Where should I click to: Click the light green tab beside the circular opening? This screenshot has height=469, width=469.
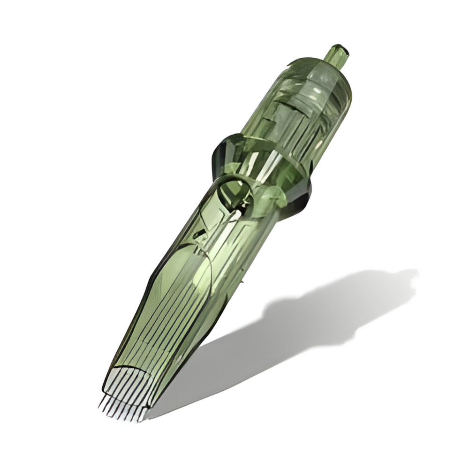[274, 197]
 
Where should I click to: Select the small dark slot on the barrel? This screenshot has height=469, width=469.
[199, 233]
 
